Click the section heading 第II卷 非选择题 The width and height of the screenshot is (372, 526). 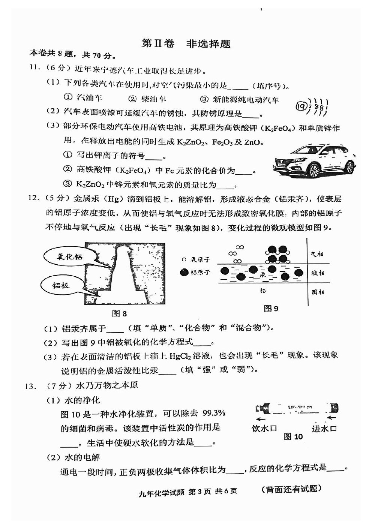[x=186, y=43]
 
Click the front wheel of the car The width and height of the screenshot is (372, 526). [x=314, y=171]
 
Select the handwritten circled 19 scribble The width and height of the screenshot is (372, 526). [x=312, y=107]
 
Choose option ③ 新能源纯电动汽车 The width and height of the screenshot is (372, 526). [x=240, y=99]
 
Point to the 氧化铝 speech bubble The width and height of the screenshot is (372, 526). [x=70, y=257]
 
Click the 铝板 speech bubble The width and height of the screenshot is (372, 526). [x=61, y=286]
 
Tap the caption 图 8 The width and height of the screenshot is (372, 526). [x=119, y=313]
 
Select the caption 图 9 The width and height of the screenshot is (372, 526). [x=271, y=309]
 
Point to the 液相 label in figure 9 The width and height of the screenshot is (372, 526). [x=317, y=273]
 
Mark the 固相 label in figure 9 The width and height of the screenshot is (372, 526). [x=318, y=292]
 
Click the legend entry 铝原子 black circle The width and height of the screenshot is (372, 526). [x=184, y=272]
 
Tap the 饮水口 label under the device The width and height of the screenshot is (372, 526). [x=264, y=428]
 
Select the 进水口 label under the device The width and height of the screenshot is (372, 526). [x=324, y=428]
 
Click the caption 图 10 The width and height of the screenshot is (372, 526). [x=293, y=436]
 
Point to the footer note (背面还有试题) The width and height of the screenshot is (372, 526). [x=291, y=489]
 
